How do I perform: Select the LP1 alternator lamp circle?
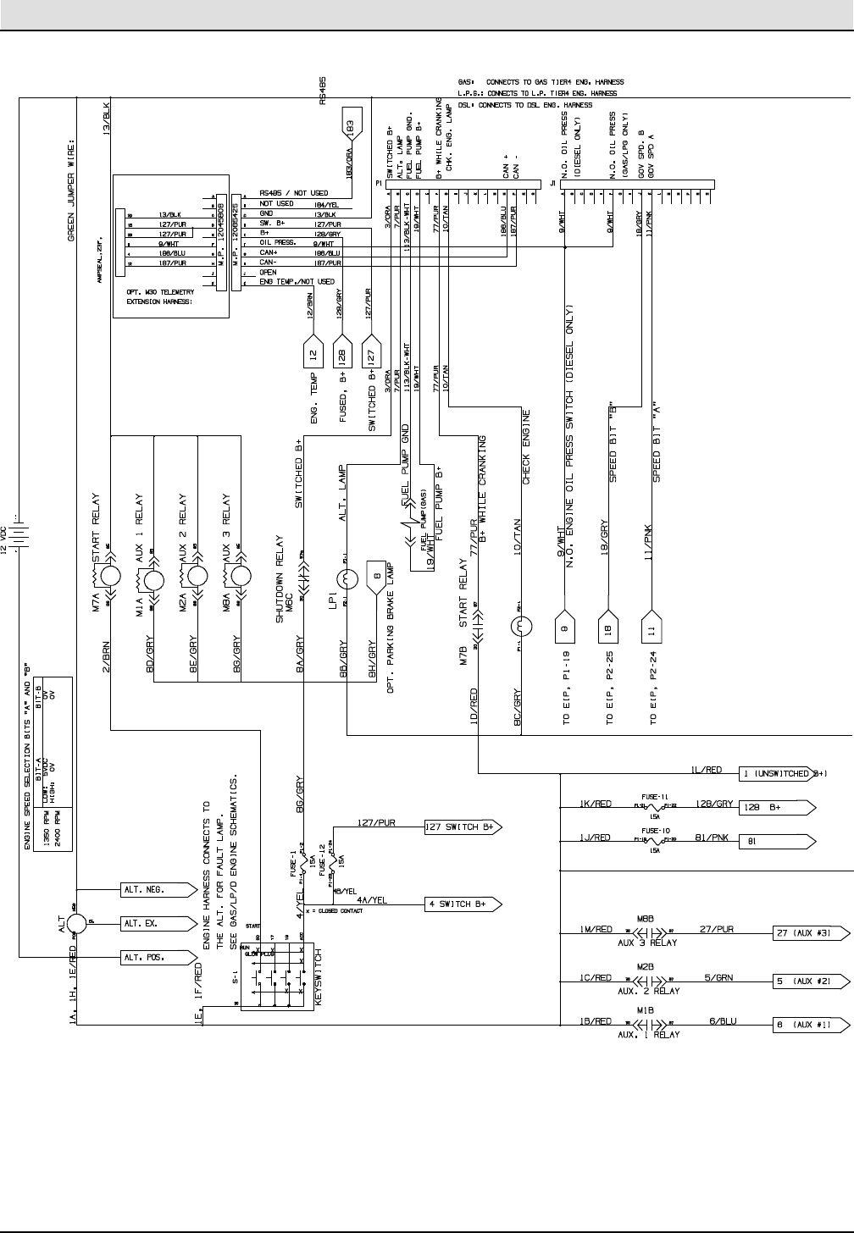click(346, 580)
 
